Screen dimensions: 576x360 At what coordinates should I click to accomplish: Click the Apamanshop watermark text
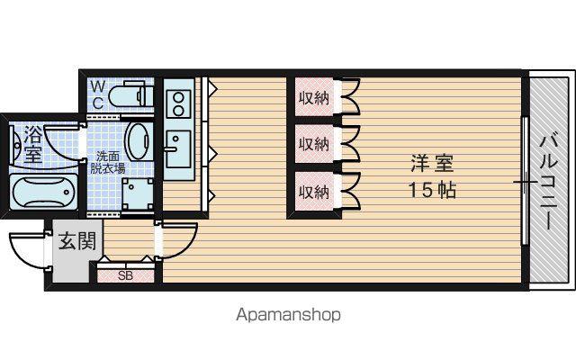click(288, 315)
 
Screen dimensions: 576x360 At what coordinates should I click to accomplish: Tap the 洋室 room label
click(432, 164)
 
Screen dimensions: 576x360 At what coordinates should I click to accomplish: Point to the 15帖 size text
click(432, 190)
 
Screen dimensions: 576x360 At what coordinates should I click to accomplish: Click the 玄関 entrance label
click(77, 241)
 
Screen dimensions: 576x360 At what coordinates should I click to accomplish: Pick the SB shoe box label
click(125, 275)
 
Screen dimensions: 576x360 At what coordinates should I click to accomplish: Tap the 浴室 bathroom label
click(33, 144)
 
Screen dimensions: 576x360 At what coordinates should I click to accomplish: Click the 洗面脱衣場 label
click(108, 162)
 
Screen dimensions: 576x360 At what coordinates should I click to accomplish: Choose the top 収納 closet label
click(313, 98)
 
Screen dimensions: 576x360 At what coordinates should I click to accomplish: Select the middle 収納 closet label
click(313, 144)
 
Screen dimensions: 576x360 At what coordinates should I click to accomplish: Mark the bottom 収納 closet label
click(313, 192)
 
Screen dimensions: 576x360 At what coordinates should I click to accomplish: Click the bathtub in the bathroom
click(43, 192)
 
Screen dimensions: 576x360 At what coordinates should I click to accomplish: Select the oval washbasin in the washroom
click(139, 141)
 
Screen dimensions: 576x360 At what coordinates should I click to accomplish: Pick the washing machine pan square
click(138, 193)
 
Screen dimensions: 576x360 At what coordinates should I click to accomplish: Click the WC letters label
click(98, 95)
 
